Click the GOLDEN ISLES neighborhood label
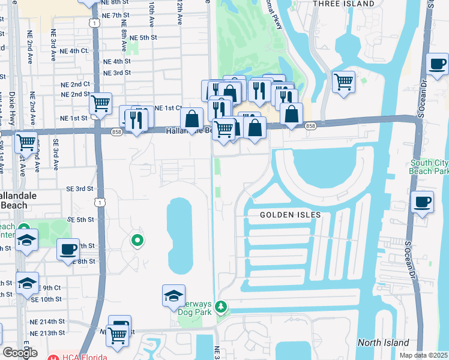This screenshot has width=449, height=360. (x=291, y=215)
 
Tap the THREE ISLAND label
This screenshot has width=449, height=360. (x=344, y=4)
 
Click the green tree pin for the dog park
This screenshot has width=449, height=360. (x=221, y=307)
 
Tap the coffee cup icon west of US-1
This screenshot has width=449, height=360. (x=68, y=249)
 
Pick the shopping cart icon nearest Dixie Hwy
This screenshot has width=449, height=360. (x=26, y=143)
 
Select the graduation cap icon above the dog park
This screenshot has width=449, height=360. (x=173, y=296)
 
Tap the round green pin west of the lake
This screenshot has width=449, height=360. (x=137, y=241)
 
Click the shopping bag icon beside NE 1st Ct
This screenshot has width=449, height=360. (x=191, y=119)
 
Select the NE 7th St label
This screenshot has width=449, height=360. (x=116, y=14)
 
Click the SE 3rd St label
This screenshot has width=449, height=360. (x=80, y=188)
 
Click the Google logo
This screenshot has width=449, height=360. (x=19, y=353)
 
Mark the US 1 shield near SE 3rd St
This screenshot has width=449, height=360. (x=100, y=203)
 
